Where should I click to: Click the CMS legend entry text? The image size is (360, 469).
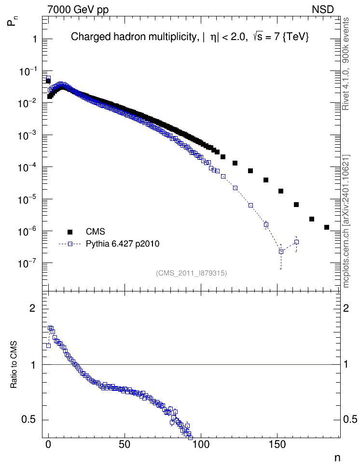pos(95,232)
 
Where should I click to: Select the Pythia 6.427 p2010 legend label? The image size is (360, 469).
pos(123,244)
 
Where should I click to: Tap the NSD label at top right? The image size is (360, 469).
pos(322,10)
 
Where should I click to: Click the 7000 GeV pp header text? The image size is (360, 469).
pos(78,10)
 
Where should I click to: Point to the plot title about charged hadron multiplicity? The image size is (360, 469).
pos(190,37)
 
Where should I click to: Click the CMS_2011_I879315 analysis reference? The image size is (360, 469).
pos(191,273)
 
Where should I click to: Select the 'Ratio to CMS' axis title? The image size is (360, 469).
pos(14,364)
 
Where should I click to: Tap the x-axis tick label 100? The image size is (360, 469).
pos(201,444)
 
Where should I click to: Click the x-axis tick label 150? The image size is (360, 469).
pos(277,444)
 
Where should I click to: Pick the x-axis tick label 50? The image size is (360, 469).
pos(125,444)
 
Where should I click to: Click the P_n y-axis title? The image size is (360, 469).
pos(12,21)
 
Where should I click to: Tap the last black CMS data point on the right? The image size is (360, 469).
pos(327,227)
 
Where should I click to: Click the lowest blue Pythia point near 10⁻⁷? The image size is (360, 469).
pos(281,251)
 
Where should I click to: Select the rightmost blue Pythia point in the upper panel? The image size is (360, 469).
pos(297,242)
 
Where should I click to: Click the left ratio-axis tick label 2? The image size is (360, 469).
pos(32,308)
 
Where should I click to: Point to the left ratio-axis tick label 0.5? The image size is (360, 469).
pos(28,420)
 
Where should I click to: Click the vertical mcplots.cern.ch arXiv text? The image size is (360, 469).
pos(346,221)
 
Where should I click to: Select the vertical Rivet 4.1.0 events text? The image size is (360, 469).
pos(346,64)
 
